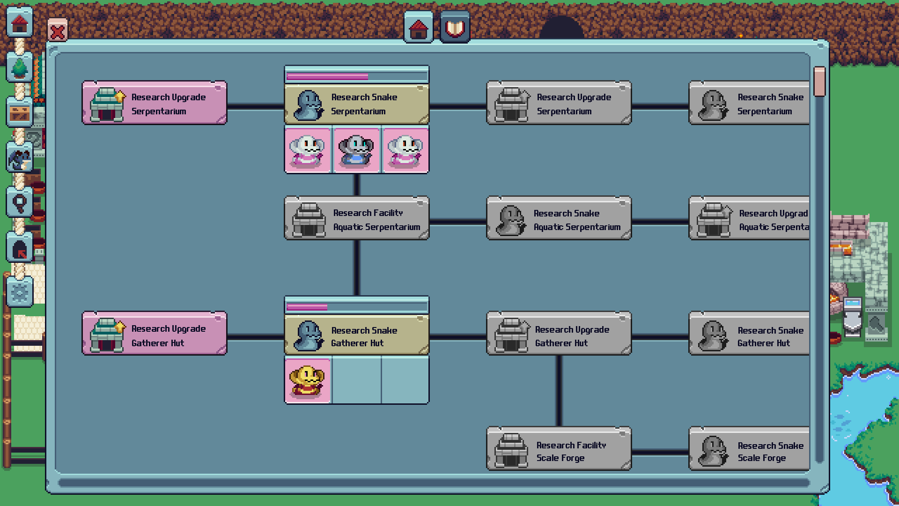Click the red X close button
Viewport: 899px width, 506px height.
(x=58, y=31)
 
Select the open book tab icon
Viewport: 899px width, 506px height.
(x=455, y=28)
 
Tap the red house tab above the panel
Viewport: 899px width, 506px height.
(x=418, y=28)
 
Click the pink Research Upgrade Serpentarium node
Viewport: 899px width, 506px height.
(x=155, y=103)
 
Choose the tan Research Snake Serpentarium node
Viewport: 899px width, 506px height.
(x=357, y=104)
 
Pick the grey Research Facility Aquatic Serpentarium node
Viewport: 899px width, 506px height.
(x=357, y=219)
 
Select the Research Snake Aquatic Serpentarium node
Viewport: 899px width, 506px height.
(x=559, y=219)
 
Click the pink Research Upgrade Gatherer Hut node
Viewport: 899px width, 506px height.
(x=155, y=334)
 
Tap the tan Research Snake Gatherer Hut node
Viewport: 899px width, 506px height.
(x=357, y=335)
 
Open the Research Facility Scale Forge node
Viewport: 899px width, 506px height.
(x=559, y=449)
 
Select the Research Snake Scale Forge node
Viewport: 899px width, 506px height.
(x=749, y=449)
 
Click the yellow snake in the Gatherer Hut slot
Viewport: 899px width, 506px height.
(x=308, y=380)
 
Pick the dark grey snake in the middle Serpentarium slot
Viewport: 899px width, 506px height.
(x=356, y=150)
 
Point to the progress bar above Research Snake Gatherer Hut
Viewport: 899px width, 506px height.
(x=357, y=307)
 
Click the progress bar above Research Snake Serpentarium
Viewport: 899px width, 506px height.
(x=357, y=76)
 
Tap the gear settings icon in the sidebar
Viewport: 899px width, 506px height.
(x=20, y=293)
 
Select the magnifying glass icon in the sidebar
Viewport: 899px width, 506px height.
(x=20, y=202)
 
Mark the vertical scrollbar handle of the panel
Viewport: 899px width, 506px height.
(x=819, y=82)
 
